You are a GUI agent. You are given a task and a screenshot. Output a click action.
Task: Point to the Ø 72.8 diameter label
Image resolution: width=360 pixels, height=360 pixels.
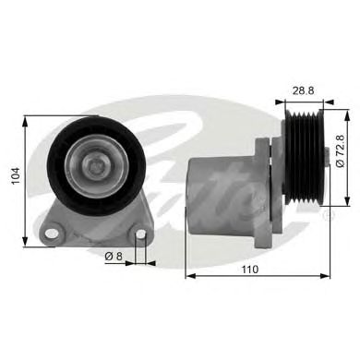[x=340, y=150]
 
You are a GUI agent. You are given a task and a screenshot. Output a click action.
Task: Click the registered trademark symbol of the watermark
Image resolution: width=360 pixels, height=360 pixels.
[x=329, y=215]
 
